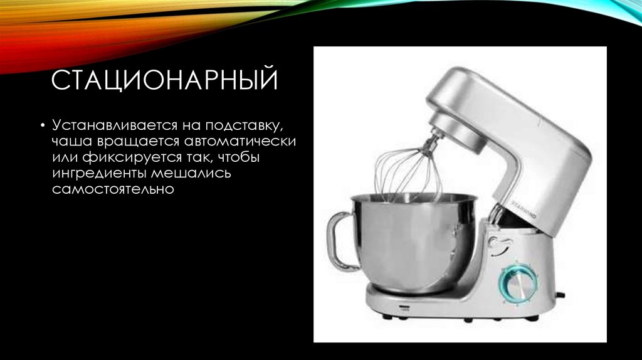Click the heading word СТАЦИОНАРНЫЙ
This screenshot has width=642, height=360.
pos(164,82)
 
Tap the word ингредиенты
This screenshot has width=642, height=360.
pos(94,172)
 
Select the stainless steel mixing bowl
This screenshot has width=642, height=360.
pos(414,241)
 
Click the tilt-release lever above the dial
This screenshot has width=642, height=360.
pos(498,243)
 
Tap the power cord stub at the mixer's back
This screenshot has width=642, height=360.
pos(560,294)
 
